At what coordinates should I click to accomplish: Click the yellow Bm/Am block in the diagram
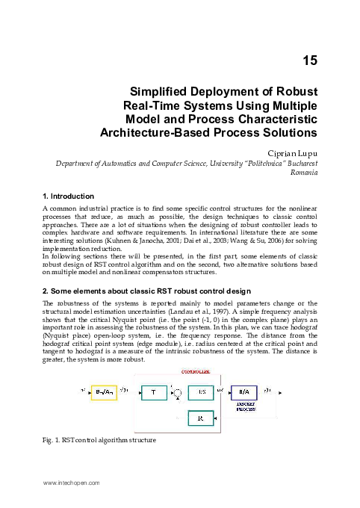(x=104, y=391)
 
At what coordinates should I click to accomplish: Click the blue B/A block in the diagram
(x=245, y=391)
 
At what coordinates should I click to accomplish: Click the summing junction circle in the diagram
(x=177, y=392)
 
